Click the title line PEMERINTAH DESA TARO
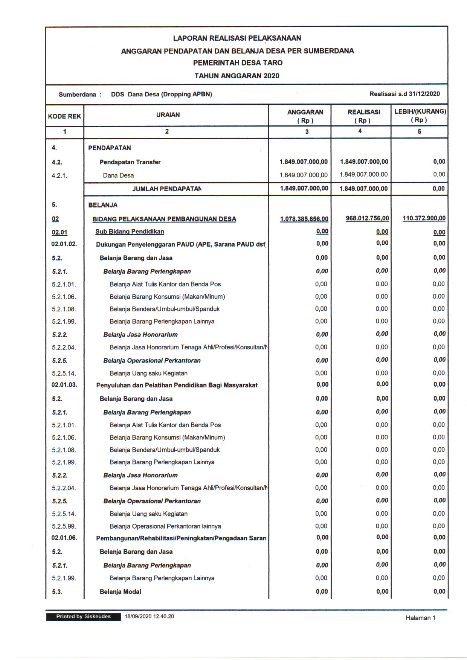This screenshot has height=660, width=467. coord(237,63)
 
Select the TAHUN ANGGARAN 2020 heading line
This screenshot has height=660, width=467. coord(237,76)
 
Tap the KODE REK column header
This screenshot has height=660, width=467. coord(64,116)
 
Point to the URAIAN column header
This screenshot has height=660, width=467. coord(168,115)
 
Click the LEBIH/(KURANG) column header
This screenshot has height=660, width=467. coord(420,116)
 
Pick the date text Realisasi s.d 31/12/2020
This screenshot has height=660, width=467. coord(404,94)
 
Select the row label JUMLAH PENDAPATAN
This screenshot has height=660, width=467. coord(166,189)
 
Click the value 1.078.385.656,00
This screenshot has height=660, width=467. coord(304,219)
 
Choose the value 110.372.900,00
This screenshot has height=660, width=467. coord(424,218)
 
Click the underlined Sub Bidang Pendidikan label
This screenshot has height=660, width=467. coord(130,232)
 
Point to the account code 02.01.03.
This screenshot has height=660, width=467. coord(64,385)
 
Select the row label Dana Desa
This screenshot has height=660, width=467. coord(118,175)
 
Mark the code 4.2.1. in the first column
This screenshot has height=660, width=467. coord(60,175)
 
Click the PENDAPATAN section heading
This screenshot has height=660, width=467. coord(110,148)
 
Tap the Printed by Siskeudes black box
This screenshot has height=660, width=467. coord(83,617)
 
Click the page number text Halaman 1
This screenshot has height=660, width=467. coord(420,618)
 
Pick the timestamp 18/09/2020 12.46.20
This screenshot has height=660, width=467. coord(150,617)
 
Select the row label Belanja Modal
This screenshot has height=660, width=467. coord(120,592)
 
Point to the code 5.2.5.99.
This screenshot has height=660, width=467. coord(64,526)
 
